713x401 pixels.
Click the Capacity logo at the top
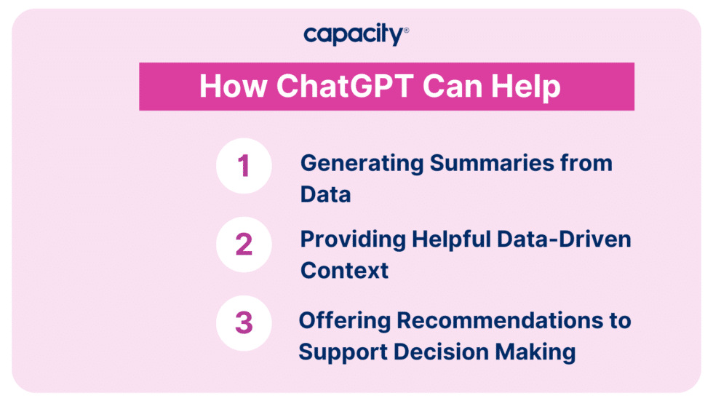[356, 34]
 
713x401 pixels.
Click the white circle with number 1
[244, 166]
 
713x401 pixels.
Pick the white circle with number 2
[244, 245]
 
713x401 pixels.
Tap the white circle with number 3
[244, 323]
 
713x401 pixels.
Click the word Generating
[362, 164]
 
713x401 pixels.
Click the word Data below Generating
[326, 194]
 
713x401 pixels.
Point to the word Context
[345, 271]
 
